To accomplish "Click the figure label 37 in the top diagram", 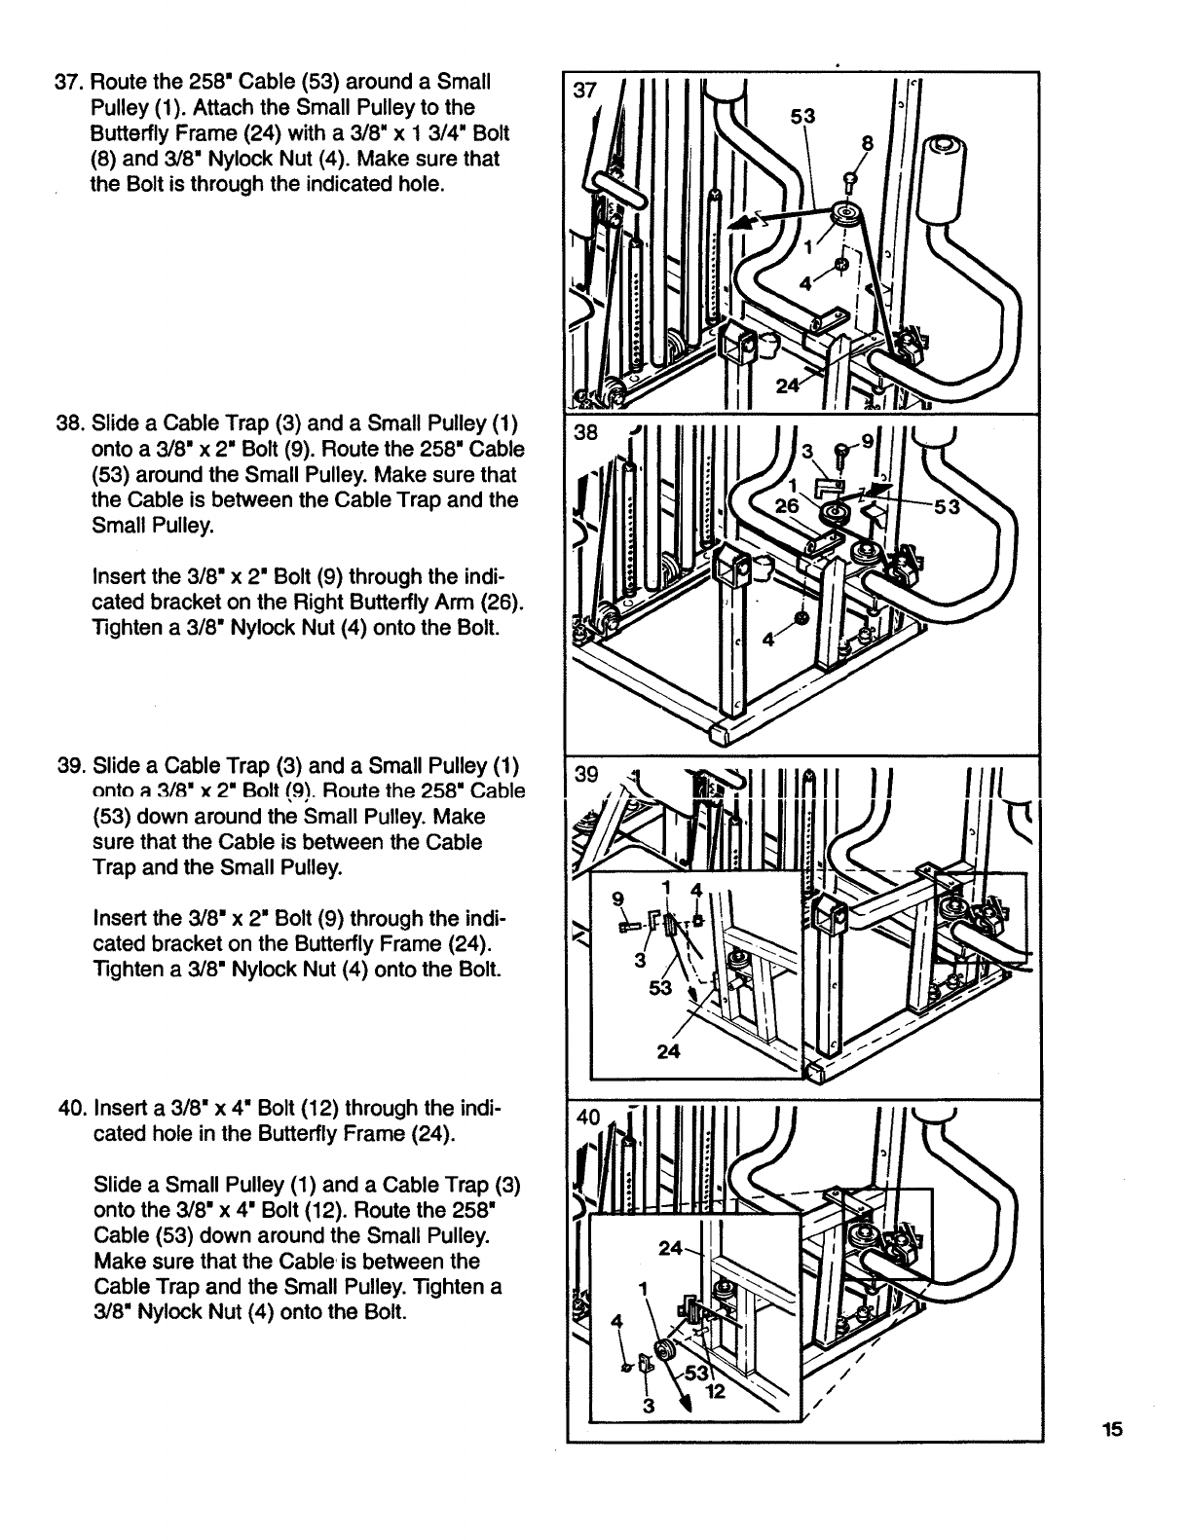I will tap(584, 92).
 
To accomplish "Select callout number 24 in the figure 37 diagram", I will tap(788, 385).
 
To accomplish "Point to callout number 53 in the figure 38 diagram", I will tap(948, 506).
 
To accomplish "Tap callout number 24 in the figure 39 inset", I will tap(668, 1051).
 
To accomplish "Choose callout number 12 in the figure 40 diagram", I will tap(715, 1390).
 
